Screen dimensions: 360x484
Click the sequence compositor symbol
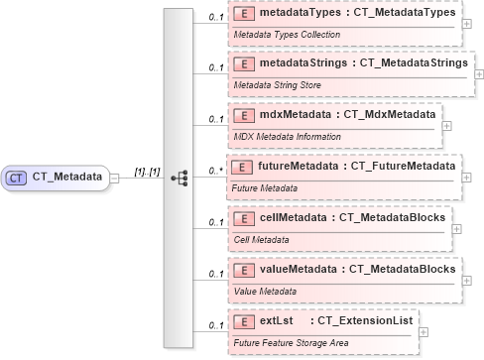[x=180, y=178]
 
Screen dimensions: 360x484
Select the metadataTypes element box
[x=344, y=23]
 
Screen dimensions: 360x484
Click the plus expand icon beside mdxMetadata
[x=446, y=126]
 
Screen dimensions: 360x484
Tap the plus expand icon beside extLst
[x=424, y=331]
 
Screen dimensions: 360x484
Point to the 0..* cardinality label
[x=214, y=171]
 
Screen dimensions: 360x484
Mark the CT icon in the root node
[x=17, y=178]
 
